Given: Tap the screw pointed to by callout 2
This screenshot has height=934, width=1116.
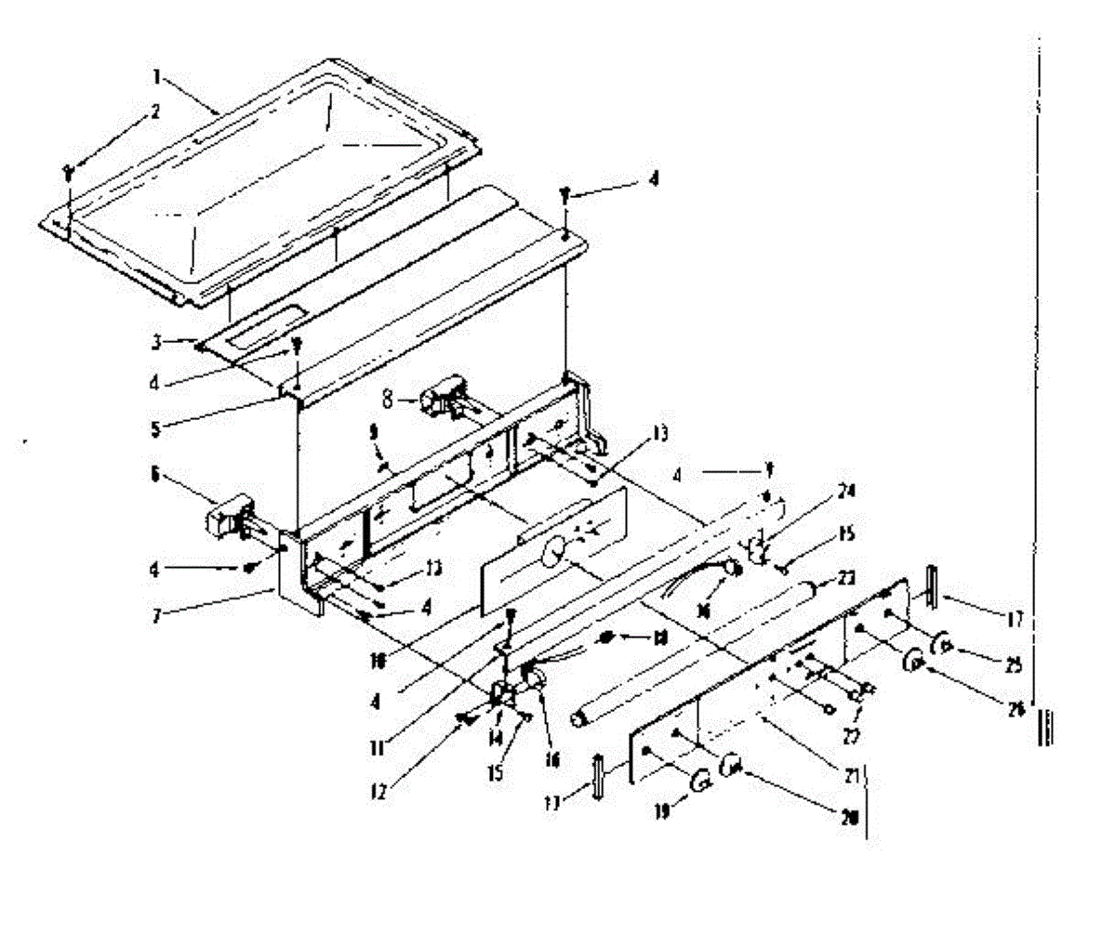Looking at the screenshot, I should pos(69,171).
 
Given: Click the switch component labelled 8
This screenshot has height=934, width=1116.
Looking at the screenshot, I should pos(437,401).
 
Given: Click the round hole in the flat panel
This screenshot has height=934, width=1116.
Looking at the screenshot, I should pos(552,553).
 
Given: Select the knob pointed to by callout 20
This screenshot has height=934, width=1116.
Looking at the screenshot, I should pos(732,766).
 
